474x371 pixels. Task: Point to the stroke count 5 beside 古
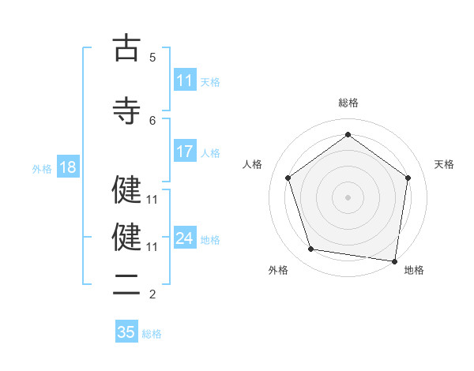(x=152, y=58)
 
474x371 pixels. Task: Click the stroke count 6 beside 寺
(x=152, y=120)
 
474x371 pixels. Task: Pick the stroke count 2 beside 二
(x=152, y=294)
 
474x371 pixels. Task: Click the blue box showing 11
(x=185, y=81)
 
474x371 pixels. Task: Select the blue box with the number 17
(x=185, y=152)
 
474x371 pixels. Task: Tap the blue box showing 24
(x=185, y=238)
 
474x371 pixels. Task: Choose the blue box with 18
(x=67, y=167)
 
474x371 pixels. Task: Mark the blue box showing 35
(x=126, y=332)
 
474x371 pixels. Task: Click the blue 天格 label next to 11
(x=210, y=81)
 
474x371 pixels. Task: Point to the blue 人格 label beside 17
(x=210, y=153)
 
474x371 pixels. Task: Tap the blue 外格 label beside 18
(x=42, y=168)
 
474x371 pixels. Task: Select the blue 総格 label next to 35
(x=152, y=333)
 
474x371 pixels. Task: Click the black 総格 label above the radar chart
(x=348, y=103)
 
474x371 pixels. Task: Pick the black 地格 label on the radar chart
(x=414, y=270)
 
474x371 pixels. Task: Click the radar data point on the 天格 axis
(x=408, y=178)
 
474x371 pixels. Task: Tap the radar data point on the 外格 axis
(x=311, y=249)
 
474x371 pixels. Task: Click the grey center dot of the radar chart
(x=348, y=197)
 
